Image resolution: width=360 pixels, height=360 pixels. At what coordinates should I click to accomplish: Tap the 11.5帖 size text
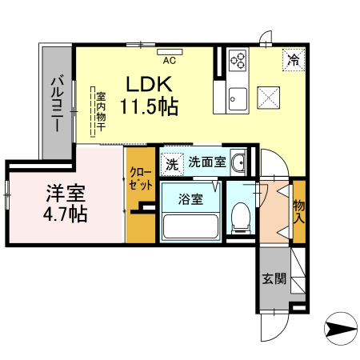click(x=149, y=105)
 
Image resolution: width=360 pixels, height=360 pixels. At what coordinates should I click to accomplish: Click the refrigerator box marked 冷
click(x=293, y=59)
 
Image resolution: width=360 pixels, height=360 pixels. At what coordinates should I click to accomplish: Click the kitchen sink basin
click(x=238, y=100)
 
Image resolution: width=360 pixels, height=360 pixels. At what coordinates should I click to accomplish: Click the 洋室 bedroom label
click(x=65, y=193)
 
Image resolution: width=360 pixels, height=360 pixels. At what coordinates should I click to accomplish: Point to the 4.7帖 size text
click(x=65, y=214)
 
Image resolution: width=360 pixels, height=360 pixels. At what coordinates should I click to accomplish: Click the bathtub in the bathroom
click(x=189, y=226)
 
